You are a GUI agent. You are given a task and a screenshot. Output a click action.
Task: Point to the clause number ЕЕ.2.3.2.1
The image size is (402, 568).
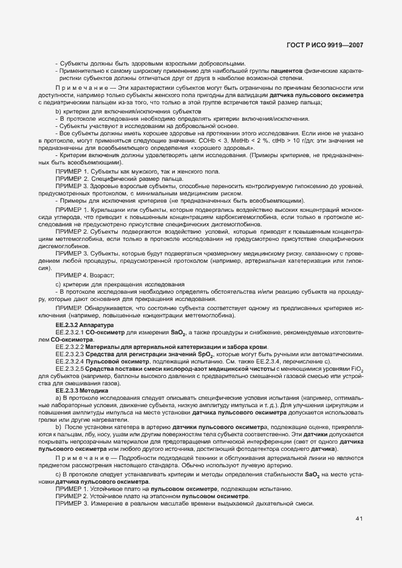point(69,333)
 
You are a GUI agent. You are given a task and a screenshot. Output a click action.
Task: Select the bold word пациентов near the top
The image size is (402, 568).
point(288,72)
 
